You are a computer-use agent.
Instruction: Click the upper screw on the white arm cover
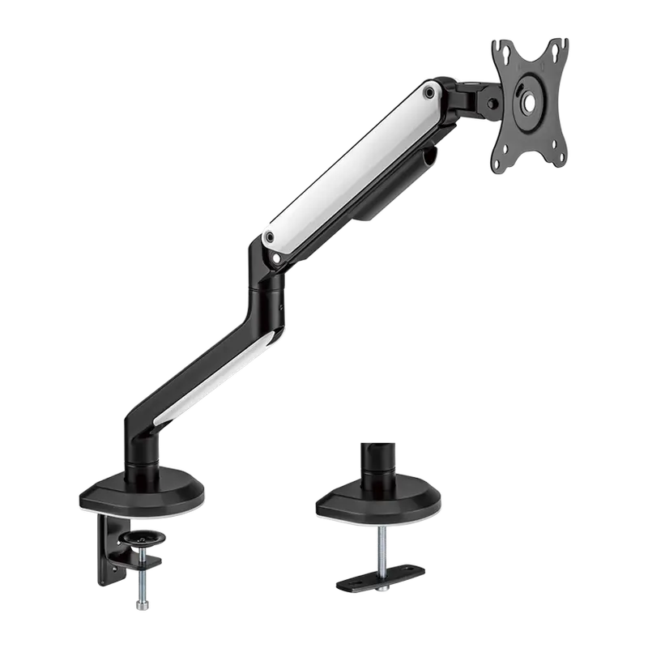pyautogui.click(x=429, y=94)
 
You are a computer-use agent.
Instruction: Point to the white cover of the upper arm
pyautogui.click(x=352, y=166)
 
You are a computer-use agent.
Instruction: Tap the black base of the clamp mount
pyautogui.click(x=143, y=494)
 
